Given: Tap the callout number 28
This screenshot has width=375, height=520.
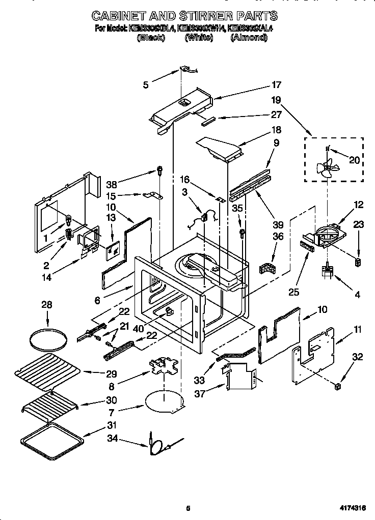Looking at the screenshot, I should point(47,305).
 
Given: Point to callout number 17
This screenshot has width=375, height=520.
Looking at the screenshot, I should point(276,85).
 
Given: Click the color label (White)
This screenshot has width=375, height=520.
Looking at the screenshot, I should point(199,38).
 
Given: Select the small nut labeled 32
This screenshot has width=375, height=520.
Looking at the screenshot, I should point(337,387).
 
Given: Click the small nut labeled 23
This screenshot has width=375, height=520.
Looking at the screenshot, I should point(358,262).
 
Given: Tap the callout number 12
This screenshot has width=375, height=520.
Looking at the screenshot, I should point(359,205).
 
